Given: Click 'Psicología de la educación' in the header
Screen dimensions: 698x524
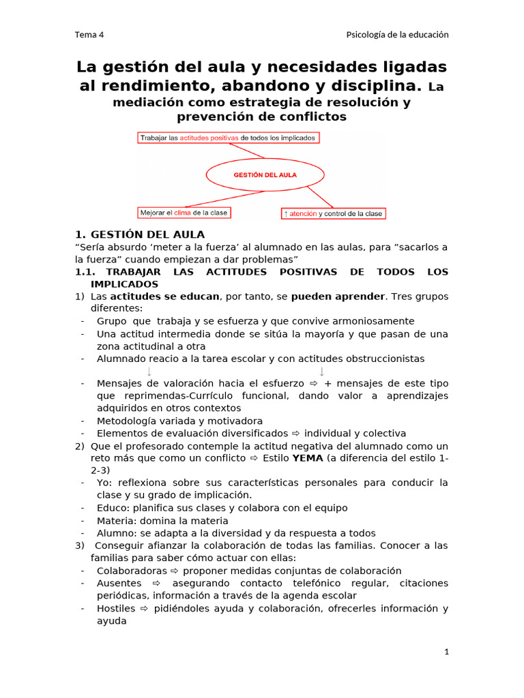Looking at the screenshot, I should pyautogui.click(x=397, y=35).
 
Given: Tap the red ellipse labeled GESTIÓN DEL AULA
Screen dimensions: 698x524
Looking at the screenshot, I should pyautogui.click(x=265, y=174).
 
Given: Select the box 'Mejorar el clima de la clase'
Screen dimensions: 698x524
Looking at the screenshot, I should pyautogui.click(x=184, y=213).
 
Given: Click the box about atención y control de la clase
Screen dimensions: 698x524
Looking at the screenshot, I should pyautogui.click(x=334, y=213).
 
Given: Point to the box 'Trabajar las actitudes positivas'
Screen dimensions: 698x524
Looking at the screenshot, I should pyautogui.click(x=228, y=138).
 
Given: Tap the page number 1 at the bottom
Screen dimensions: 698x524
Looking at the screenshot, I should pyautogui.click(x=446, y=652).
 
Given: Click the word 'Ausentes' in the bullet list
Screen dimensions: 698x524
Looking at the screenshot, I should pyautogui.click(x=119, y=583).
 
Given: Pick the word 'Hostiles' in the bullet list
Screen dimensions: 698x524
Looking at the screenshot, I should pyautogui.click(x=116, y=609).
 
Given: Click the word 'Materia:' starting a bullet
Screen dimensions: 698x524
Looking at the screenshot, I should pyautogui.click(x=117, y=521).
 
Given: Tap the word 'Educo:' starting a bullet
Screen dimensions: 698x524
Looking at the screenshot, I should pyautogui.click(x=113, y=508).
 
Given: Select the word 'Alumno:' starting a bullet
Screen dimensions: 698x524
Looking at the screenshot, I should pyautogui.click(x=117, y=533).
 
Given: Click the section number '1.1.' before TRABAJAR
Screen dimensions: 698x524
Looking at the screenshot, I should pyautogui.click(x=87, y=272).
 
